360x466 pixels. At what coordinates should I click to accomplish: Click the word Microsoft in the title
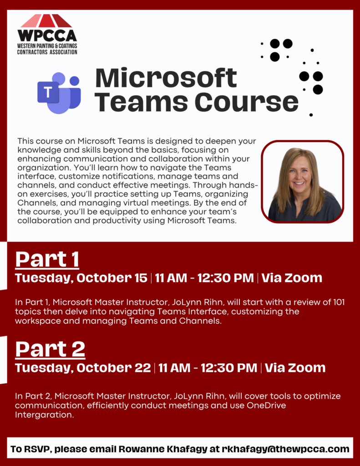(166, 78)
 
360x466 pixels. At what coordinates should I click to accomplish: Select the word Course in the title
(254, 101)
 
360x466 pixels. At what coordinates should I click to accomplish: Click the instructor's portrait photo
(302, 182)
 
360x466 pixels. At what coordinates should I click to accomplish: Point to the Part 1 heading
(47, 259)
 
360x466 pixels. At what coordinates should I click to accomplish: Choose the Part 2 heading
(50, 349)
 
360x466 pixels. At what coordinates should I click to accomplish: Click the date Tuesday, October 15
(81, 278)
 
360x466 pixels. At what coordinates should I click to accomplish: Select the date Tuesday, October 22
(83, 368)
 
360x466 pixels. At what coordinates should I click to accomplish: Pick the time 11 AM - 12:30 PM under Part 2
(208, 368)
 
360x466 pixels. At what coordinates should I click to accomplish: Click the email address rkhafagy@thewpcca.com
(286, 449)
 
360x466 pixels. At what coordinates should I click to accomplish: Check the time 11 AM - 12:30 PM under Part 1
(204, 278)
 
